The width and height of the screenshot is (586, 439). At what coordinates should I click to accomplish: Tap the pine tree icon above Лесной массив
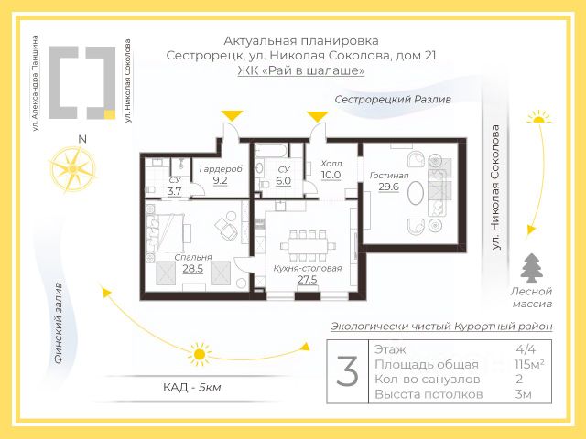[531, 267]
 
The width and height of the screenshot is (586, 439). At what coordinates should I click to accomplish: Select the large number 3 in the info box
[347, 371]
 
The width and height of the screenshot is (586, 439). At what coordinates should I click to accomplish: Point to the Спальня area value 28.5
[192, 269]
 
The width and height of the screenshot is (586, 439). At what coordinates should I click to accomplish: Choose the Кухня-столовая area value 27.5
[307, 279]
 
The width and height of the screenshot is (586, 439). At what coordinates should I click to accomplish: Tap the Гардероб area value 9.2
[220, 181]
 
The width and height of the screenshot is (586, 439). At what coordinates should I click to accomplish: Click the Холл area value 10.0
[331, 175]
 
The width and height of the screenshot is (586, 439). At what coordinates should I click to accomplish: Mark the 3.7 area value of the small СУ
[174, 191]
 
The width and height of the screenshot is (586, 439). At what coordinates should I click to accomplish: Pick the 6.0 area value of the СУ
[284, 181]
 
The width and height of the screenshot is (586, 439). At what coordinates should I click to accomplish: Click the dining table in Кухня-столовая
[307, 244]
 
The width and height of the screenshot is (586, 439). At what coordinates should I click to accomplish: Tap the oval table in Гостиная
[417, 195]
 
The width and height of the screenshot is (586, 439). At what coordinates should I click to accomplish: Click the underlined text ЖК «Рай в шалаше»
[300, 70]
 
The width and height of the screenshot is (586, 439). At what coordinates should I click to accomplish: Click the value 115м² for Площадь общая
[529, 365]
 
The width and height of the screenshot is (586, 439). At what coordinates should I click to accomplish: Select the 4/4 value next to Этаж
[526, 349]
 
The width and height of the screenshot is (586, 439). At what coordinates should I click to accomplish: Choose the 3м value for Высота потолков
[524, 394]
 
